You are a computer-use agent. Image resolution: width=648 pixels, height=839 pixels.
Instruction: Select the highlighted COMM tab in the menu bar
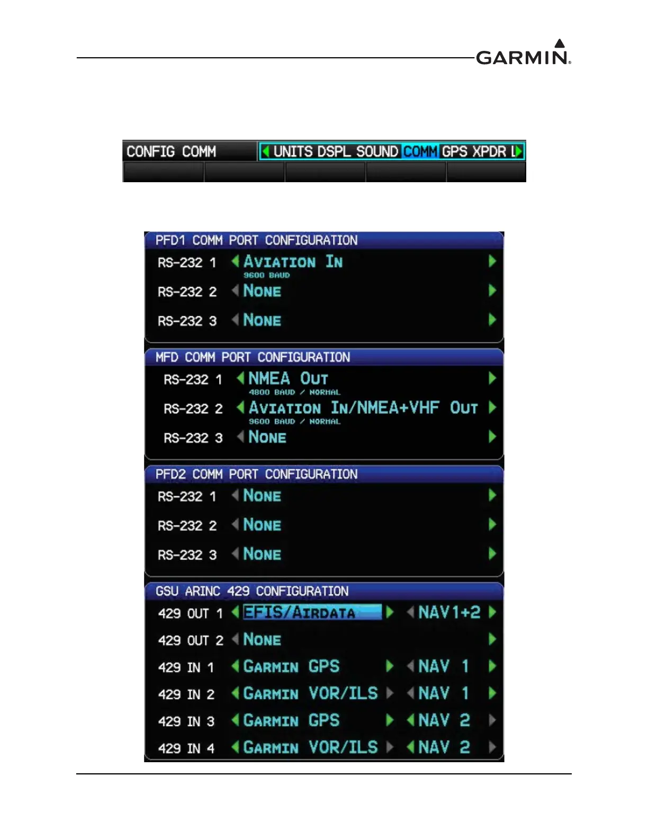tap(420, 151)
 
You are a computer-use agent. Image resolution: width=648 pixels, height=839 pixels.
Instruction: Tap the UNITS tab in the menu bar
tap(293, 151)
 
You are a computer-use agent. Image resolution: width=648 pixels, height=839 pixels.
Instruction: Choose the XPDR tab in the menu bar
tap(489, 151)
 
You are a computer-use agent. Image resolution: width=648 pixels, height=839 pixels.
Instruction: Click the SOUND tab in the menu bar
tap(377, 151)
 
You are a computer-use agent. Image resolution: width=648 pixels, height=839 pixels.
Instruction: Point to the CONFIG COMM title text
tap(171, 151)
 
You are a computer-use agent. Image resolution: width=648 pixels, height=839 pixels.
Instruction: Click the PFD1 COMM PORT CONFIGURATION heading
tap(256, 240)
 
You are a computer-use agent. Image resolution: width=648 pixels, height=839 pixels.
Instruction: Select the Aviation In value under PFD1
tap(293, 262)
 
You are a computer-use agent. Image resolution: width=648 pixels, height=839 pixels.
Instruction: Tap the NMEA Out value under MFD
tap(288, 379)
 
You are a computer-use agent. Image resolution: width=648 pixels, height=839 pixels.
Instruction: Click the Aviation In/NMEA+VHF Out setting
tap(363, 408)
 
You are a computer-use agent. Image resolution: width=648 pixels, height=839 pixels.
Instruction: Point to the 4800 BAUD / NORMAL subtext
tap(294, 392)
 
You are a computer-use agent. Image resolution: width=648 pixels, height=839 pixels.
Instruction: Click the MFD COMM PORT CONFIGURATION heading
tap(253, 358)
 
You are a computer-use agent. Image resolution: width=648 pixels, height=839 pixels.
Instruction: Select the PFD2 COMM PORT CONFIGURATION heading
tap(256, 475)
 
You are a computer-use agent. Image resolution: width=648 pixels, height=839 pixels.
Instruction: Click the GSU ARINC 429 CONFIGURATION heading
tap(252, 591)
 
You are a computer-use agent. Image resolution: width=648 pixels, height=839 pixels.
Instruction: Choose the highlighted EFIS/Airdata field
tap(311, 612)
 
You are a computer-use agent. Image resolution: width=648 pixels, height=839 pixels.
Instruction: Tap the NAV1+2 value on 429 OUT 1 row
tap(449, 612)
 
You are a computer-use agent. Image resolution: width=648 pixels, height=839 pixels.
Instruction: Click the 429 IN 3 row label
tap(186, 721)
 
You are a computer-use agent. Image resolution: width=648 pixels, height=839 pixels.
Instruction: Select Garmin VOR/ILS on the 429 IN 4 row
tap(311, 747)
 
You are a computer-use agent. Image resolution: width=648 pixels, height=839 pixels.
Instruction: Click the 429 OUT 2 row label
tap(191, 640)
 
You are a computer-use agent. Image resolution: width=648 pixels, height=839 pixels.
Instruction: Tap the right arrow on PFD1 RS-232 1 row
tap(492, 261)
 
